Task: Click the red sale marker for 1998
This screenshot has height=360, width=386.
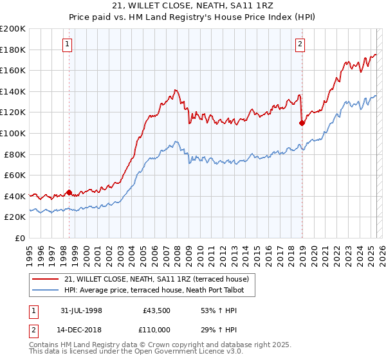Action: pyautogui.click(x=69, y=192)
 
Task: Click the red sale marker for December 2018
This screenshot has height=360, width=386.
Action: pyautogui.click(x=302, y=122)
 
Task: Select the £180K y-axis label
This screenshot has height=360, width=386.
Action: pyautogui.click(x=13, y=50)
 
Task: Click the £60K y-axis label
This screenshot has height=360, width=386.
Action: pyautogui.click(x=14, y=175)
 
